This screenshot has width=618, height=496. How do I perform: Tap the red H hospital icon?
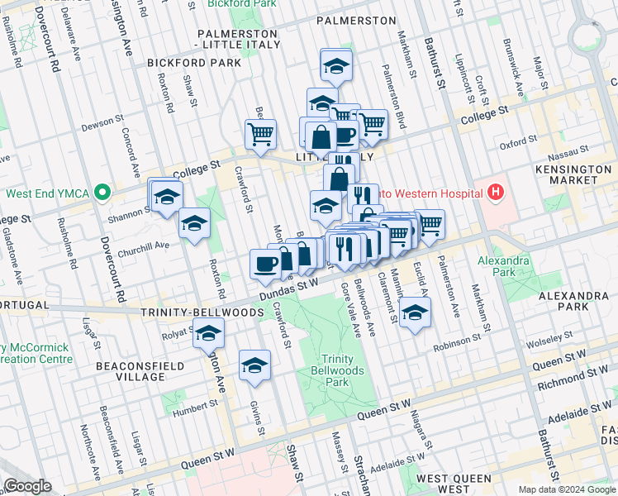click(495, 193)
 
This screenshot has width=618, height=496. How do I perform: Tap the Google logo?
click(28, 485)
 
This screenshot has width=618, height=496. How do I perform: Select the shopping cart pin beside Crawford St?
click(261, 133)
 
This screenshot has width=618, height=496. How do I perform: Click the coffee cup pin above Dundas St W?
click(264, 264)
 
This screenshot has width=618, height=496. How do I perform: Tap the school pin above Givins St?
click(254, 365)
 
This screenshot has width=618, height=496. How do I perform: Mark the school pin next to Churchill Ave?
click(194, 223)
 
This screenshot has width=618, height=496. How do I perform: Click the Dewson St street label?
click(102, 127)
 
